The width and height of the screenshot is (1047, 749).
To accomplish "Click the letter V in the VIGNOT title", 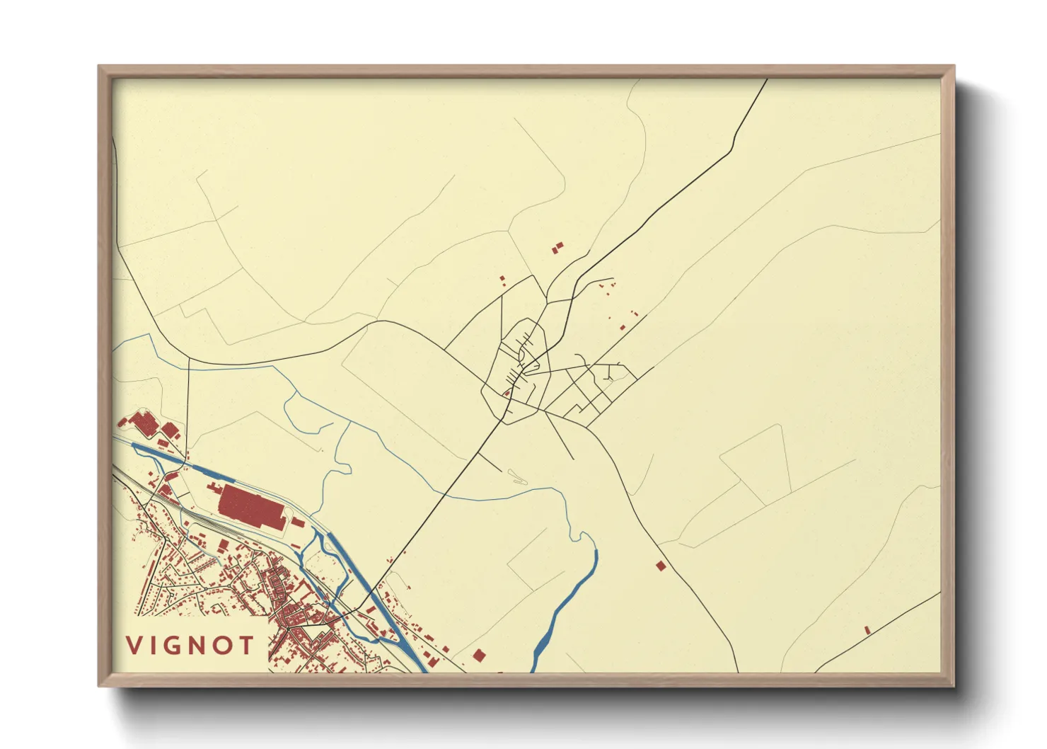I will (x=134, y=645).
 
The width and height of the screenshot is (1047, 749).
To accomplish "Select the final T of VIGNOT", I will (x=246, y=645).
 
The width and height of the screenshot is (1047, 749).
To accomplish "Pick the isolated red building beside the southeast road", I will (x=661, y=566).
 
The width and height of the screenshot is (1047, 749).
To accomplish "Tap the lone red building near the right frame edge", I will (x=867, y=629).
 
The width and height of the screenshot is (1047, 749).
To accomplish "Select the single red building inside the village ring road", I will (x=507, y=393).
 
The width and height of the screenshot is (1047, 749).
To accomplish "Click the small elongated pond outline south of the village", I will (x=518, y=477).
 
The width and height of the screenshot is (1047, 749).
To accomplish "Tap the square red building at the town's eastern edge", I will (x=479, y=656).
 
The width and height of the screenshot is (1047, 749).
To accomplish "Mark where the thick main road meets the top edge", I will (x=768, y=79).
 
